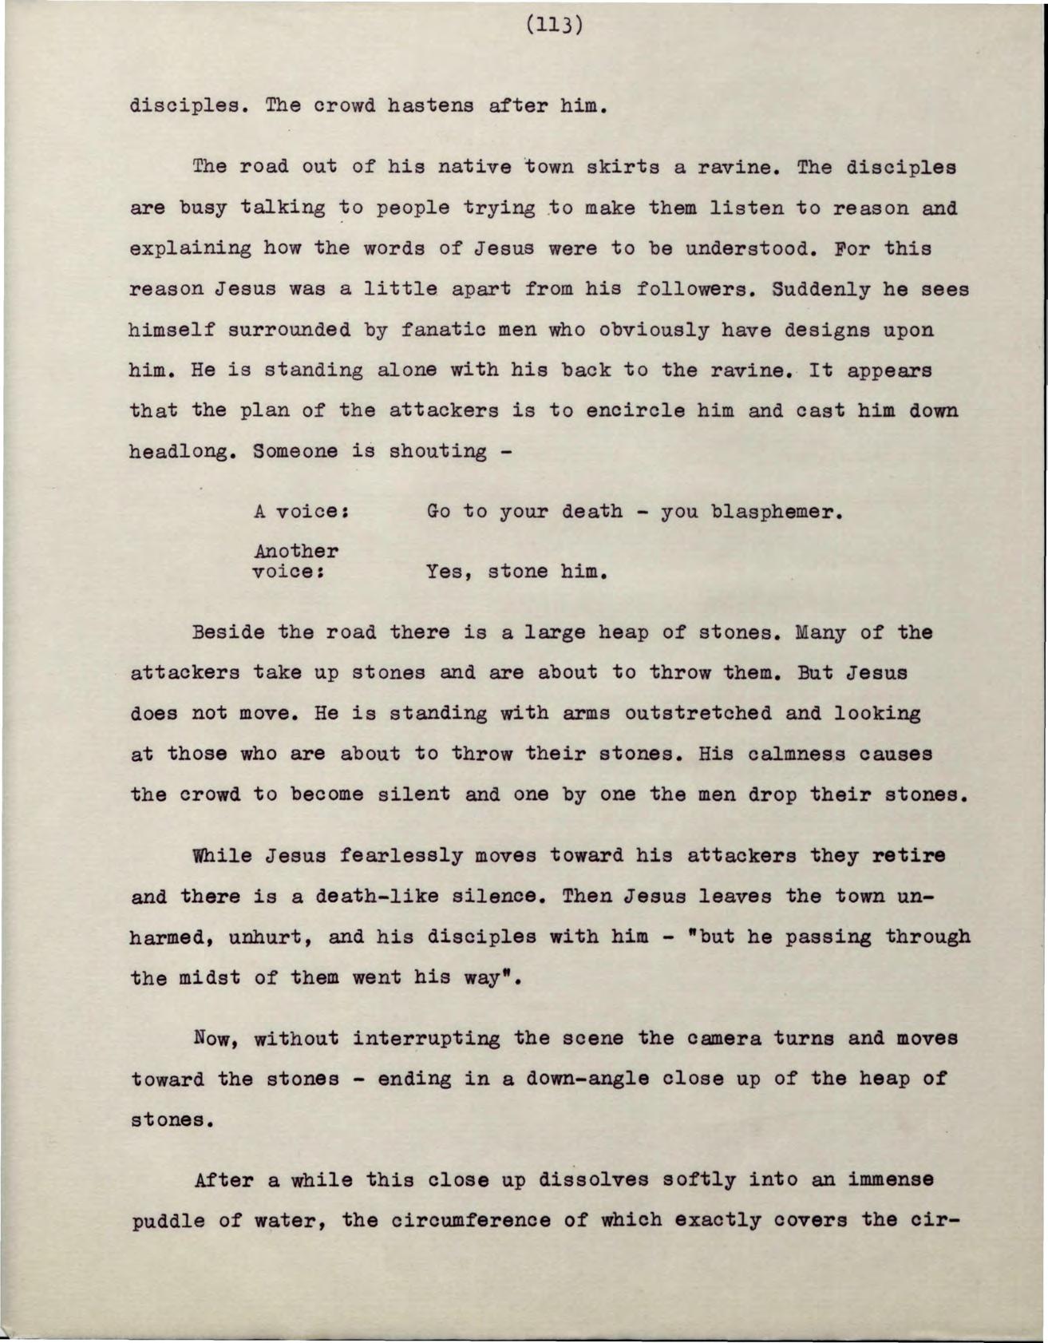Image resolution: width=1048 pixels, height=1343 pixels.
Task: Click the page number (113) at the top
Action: [555, 26]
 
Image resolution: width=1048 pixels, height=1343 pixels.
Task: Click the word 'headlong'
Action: [182, 452]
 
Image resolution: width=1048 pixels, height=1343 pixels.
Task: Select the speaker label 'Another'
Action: [296, 552]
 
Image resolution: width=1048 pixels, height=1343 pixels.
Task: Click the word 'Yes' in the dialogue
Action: [445, 572]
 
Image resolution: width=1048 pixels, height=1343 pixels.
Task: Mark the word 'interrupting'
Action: [426, 1039]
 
